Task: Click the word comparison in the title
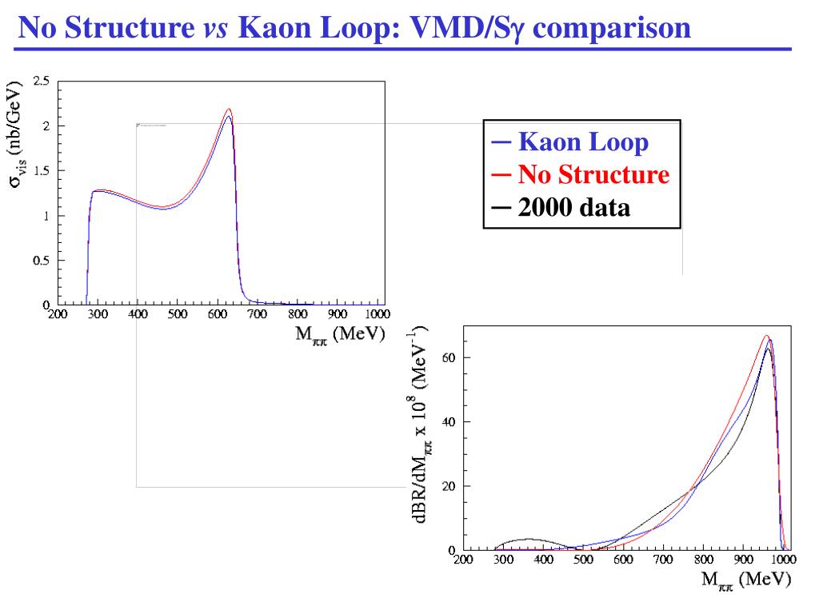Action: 613,30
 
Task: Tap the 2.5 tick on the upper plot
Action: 41,81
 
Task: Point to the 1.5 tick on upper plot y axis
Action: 41,170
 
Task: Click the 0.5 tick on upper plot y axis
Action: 41,260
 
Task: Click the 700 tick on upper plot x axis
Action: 257,314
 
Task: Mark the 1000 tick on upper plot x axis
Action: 377,314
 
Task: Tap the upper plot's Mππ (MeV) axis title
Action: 341,333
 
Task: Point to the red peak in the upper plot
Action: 230,110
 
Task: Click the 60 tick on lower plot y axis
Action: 449,357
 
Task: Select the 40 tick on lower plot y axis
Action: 449,422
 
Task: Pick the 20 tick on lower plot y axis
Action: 449,486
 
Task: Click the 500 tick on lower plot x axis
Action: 583,560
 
